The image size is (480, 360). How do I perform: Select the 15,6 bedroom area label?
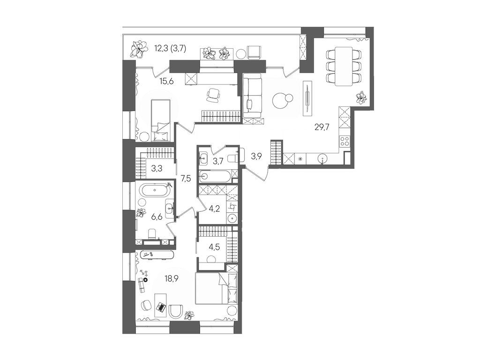pos(166,81)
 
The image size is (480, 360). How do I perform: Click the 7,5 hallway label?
pos(185,178)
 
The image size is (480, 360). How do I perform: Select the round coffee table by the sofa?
pos(282,99)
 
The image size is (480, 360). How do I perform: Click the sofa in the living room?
pos(251,96)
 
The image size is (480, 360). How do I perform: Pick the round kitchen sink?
pos(322,158)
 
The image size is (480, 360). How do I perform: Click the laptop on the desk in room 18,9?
pos(161,307)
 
